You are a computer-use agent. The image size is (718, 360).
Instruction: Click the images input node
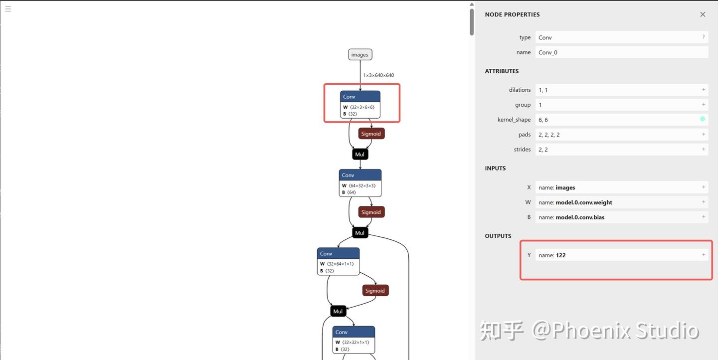click(x=360, y=55)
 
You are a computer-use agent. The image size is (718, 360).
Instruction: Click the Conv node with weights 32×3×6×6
click(x=360, y=104)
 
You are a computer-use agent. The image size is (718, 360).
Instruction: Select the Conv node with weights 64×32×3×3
click(x=360, y=182)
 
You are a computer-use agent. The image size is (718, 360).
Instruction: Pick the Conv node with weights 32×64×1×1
click(x=338, y=261)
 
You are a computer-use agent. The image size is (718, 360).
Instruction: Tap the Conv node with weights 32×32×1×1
click(x=354, y=340)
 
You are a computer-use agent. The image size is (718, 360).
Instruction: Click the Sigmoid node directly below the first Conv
click(x=371, y=134)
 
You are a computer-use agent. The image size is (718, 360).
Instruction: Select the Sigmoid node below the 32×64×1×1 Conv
click(x=375, y=291)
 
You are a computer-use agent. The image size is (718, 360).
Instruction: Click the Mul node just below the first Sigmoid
click(x=360, y=155)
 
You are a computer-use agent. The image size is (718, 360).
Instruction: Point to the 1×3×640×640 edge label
click(x=378, y=75)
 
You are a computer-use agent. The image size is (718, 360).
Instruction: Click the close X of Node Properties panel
click(x=703, y=14)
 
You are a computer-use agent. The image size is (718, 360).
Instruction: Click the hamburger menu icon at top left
click(x=8, y=8)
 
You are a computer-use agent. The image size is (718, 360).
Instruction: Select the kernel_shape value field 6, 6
click(x=618, y=120)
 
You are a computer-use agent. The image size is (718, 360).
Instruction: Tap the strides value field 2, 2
click(x=618, y=150)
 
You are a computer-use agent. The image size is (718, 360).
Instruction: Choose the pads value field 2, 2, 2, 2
click(x=618, y=135)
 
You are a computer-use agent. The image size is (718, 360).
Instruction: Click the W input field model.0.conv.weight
click(x=618, y=202)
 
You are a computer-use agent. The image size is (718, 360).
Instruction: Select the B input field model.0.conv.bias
click(x=618, y=217)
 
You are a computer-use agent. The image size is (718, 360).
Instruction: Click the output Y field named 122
click(x=618, y=255)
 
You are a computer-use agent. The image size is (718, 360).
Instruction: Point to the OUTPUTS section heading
click(x=498, y=236)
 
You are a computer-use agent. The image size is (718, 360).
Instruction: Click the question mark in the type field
click(x=704, y=37)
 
